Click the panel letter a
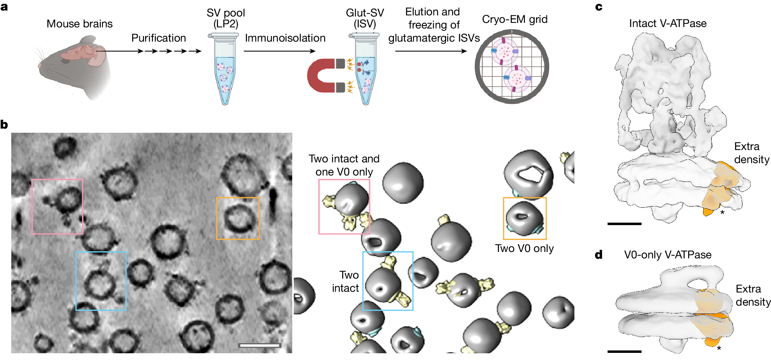(4, 7)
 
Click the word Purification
(158, 38)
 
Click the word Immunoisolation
(285, 38)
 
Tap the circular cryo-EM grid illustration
(512, 67)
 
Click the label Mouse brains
(80, 24)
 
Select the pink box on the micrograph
(57, 207)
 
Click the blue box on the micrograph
(101, 281)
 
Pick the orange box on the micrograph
(238, 218)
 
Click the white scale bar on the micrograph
(260, 345)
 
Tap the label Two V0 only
(524, 248)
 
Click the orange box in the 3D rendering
(525, 218)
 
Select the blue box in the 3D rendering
(388, 281)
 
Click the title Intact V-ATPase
(667, 23)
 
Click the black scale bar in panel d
(624, 351)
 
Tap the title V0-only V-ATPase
(667, 255)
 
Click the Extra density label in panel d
(753, 295)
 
